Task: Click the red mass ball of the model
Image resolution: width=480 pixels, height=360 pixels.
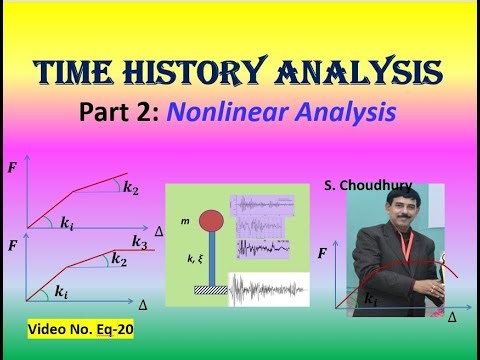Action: click(211, 219)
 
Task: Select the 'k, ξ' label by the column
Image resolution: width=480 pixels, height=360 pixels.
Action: click(187, 257)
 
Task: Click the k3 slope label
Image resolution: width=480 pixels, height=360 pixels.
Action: click(140, 241)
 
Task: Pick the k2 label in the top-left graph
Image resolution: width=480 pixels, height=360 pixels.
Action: click(131, 186)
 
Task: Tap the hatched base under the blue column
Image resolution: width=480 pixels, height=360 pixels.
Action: click(211, 289)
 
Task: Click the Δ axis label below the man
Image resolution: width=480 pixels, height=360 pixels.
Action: click(452, 316)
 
